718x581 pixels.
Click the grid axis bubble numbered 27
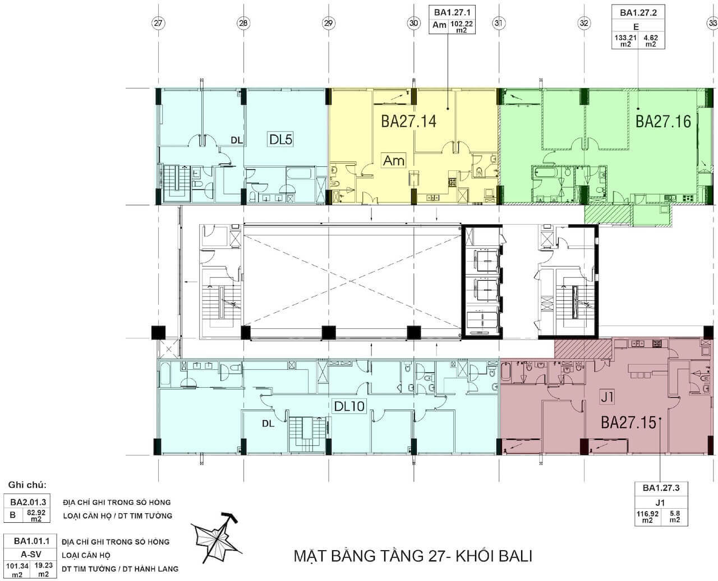click(x=158, y=23)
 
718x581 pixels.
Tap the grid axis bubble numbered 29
click(x=328, y=23)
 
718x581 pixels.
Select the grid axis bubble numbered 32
click(x=584, y=23)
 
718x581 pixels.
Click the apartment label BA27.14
click(x=408, y=121)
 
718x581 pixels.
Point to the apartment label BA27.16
click(x=663, y=121)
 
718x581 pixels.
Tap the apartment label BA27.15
click(x=629, y=422)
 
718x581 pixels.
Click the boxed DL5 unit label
click(x=280, y=139)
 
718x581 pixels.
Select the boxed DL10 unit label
click(x=349, y=406)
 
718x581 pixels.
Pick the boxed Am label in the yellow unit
click(x=393, y=161)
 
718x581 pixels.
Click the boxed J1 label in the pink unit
click(x=607, y=398)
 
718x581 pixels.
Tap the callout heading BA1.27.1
click(x=452, y=12)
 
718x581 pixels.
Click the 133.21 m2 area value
click(x=625, y=41)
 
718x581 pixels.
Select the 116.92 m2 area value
click(x=647, y=517)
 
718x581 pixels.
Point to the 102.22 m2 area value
click(x=462, y=26)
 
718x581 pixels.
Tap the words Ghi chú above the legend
click(x=27, y=485)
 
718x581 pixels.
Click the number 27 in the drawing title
click(x=437, y=556)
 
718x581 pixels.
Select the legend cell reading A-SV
click(x=31, y=554)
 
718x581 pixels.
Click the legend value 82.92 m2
click(x=36, y=516)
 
